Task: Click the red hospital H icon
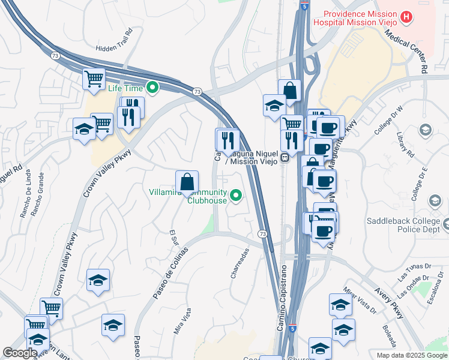(x=407, y=17)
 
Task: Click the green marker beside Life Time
(x=153, y=88)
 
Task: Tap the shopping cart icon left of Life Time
(x=94, y=79)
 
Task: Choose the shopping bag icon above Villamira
(x=187, y=181)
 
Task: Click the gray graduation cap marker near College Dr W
(x=426, y=130)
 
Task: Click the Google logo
(x=19, y=353)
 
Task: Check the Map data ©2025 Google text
(x=412, y=355)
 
